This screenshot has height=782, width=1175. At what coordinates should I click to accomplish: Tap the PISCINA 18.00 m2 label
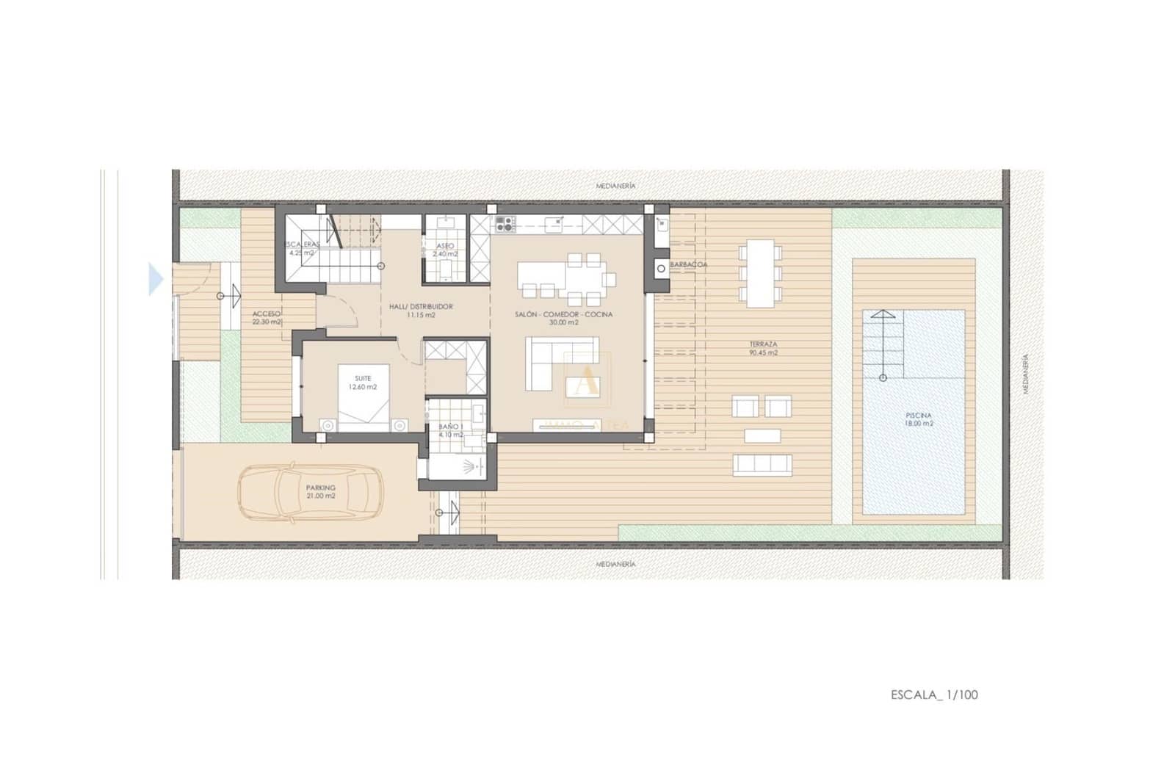[x=918, y=419]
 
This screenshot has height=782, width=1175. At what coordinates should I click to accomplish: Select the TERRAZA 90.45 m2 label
[x=763, y=348]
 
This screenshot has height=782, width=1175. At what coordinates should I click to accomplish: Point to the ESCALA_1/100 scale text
[x=934, y=695]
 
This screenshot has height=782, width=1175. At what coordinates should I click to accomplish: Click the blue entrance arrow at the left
[x=156, y=280]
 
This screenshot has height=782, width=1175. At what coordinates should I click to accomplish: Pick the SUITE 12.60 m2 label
[x=363, y=383]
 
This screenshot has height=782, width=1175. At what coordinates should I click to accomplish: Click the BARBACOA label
[x=688, y=264]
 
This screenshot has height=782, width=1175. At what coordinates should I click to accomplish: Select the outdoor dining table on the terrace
[x=760, y=272]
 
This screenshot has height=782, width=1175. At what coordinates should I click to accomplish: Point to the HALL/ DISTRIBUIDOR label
[x=420, y=311]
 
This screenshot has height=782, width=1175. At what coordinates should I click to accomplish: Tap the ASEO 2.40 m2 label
[x=445, y=250]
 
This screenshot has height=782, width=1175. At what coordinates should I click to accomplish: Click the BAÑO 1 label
[x=451, y=430]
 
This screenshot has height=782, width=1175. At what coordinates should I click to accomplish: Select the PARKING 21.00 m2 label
[x=321, y=491]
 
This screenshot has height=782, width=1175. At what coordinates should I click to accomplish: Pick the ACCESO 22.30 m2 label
[x=267, y=317]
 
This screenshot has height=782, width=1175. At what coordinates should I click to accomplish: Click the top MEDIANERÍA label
[x=615, y=187]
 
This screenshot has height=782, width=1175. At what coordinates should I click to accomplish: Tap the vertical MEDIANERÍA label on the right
[x=1026, y=374]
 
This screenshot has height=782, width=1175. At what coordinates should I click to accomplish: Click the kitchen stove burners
[x=504, y=222]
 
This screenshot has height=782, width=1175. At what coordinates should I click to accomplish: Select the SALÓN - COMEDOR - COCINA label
[x=564, y=318]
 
